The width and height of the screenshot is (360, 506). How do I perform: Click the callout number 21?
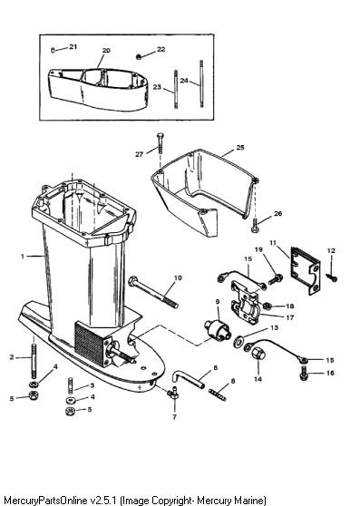point(73,47)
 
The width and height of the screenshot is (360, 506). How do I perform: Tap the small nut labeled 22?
point(139,57)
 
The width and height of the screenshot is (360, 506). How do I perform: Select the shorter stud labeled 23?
point(176,89)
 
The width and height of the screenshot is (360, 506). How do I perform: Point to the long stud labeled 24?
point(201,83)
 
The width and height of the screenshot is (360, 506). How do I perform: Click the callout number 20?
point(106,51)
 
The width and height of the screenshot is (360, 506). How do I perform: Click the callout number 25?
point(240,148)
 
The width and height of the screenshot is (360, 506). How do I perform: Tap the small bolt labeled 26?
point(254,225)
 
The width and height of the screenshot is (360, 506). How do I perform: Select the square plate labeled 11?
point(306,271)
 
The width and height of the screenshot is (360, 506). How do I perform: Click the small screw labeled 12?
point(332,277)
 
